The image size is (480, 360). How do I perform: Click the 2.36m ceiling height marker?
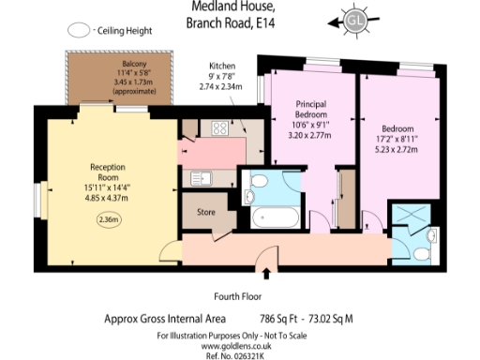pos(109,219)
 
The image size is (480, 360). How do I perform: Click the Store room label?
pos(205,213)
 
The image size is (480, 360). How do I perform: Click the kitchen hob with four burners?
pos(222,128)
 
